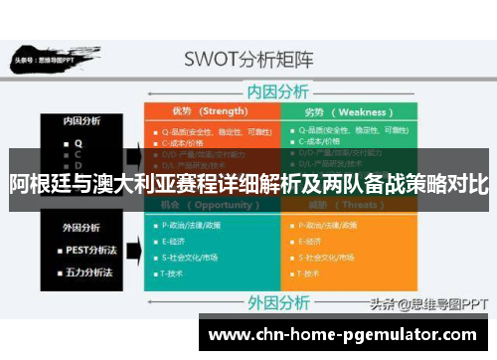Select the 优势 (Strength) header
[210, 111]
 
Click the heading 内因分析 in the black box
[82, 121]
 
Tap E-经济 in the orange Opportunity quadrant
[179, 242]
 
